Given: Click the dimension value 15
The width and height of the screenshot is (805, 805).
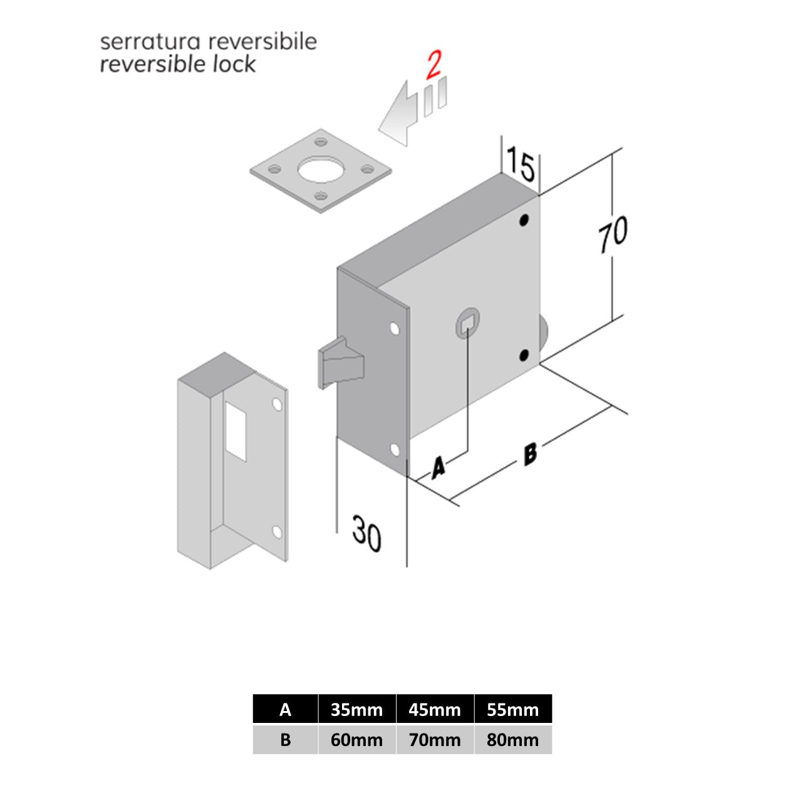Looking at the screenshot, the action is pyautogui.click(x=521, y=164).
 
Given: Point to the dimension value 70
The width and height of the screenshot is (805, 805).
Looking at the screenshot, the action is pyautogui.click(x=613, y=234).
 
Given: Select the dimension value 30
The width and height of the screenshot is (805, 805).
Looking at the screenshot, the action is pyautogui.click(x=366, y=534).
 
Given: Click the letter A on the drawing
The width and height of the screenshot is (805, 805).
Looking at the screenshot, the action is pyautogui.click(x=438, y=467).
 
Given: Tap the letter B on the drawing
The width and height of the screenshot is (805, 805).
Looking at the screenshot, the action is pyautogui.click(x=530, y=454).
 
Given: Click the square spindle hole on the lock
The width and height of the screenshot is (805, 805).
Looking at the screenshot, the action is pyautogui.click(x=467, y=323).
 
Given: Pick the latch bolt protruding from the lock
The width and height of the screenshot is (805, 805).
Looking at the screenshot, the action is pyautogui.click(x=341, y=362).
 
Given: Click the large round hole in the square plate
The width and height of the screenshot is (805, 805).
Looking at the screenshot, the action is pyautogui.click(x=321, y=169).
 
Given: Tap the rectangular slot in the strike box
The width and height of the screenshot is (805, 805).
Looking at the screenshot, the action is pyautogui.click(x=236, y=431).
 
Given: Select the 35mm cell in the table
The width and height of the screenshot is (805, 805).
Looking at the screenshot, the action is pyautogui.click(x=356, y=710).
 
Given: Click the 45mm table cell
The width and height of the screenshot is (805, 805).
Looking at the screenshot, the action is pyautogui.click(x=435, y=710).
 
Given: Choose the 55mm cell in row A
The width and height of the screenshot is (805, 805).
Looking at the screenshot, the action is pyautogui.click(x=513, y=710).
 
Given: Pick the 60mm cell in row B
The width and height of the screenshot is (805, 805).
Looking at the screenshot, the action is pyautogui.click(x=356, y=740).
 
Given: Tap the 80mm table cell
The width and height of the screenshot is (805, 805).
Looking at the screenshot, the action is pyautogui.click(x=513, y=740).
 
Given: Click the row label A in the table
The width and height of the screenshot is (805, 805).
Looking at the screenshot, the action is pyautogui.click(x=285, y=710).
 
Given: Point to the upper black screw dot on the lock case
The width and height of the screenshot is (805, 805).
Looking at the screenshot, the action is pyautogui.click(x=524, y=220).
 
